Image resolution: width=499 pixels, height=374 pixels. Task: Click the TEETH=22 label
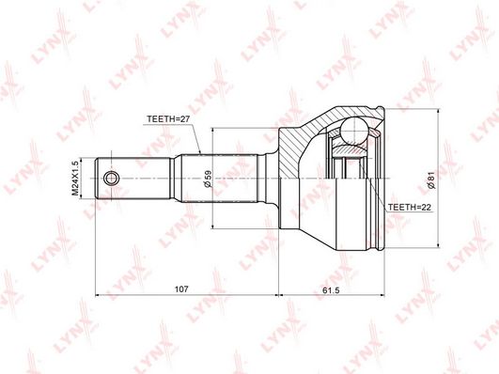[409, 204]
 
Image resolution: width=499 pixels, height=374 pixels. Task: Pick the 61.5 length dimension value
[328, 290]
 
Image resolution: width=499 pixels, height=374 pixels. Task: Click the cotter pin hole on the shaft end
[112, 178]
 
